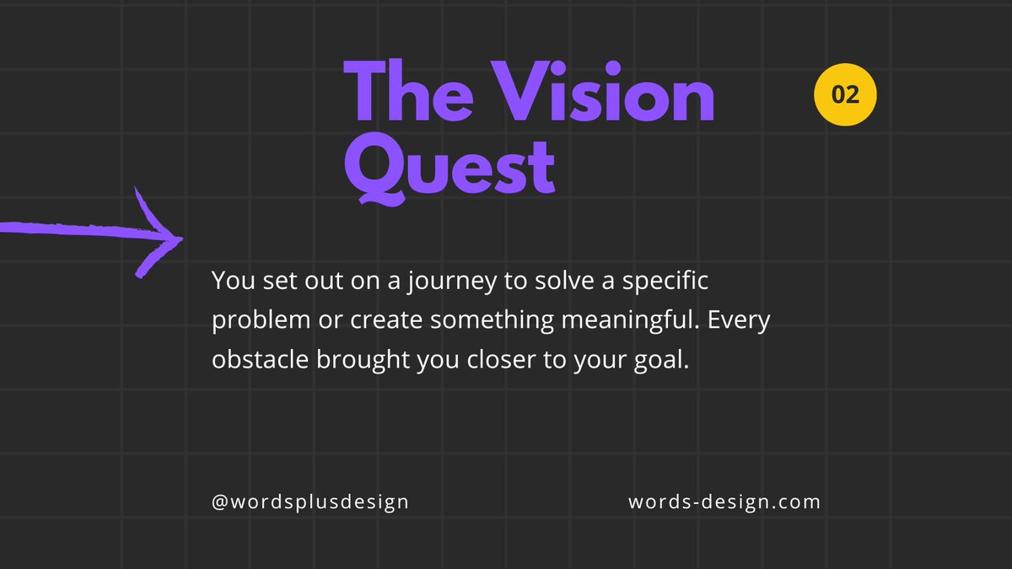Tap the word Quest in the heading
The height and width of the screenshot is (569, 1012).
pos(450,169)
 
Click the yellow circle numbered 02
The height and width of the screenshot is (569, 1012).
pos(845,94)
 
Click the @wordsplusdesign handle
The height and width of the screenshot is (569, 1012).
pos(310,502)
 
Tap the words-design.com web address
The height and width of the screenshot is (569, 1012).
pos(724,502)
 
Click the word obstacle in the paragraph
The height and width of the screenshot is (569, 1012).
pos(261,360)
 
